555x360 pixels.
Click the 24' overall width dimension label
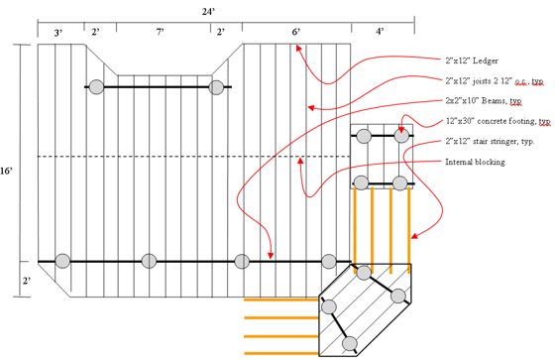click(208, 12)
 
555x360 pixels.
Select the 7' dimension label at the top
click(160, 32)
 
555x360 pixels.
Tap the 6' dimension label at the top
click(296, 32)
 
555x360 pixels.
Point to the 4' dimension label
click(380, 32)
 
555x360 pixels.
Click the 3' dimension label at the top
click(58, 33)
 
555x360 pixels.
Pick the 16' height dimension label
click(6, 172)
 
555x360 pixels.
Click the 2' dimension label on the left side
click(27, 281)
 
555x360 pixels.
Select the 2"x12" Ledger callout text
click(472, 60)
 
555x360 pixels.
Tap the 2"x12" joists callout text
click(495, 81)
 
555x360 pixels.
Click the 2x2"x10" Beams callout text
click(484, 101)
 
